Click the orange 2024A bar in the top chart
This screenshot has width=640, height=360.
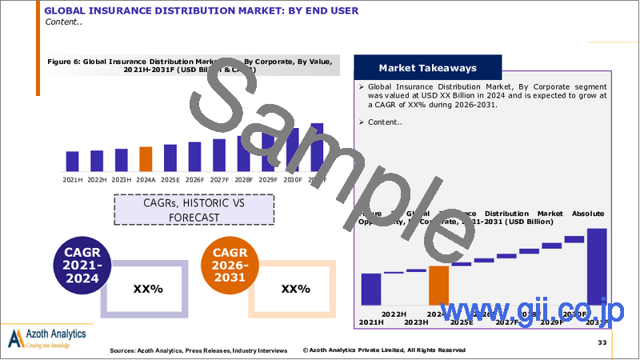(x=145, y=160)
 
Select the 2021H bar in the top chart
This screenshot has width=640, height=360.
(x=72, y=162)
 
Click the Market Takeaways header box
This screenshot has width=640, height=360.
(x=427, y=68)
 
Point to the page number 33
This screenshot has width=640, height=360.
(x=602, y=342)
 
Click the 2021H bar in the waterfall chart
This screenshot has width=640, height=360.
(x=371, y=289)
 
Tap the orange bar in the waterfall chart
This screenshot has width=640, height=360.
(x=439, y=285)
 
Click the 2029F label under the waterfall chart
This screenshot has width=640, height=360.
(x=551, y=322)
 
